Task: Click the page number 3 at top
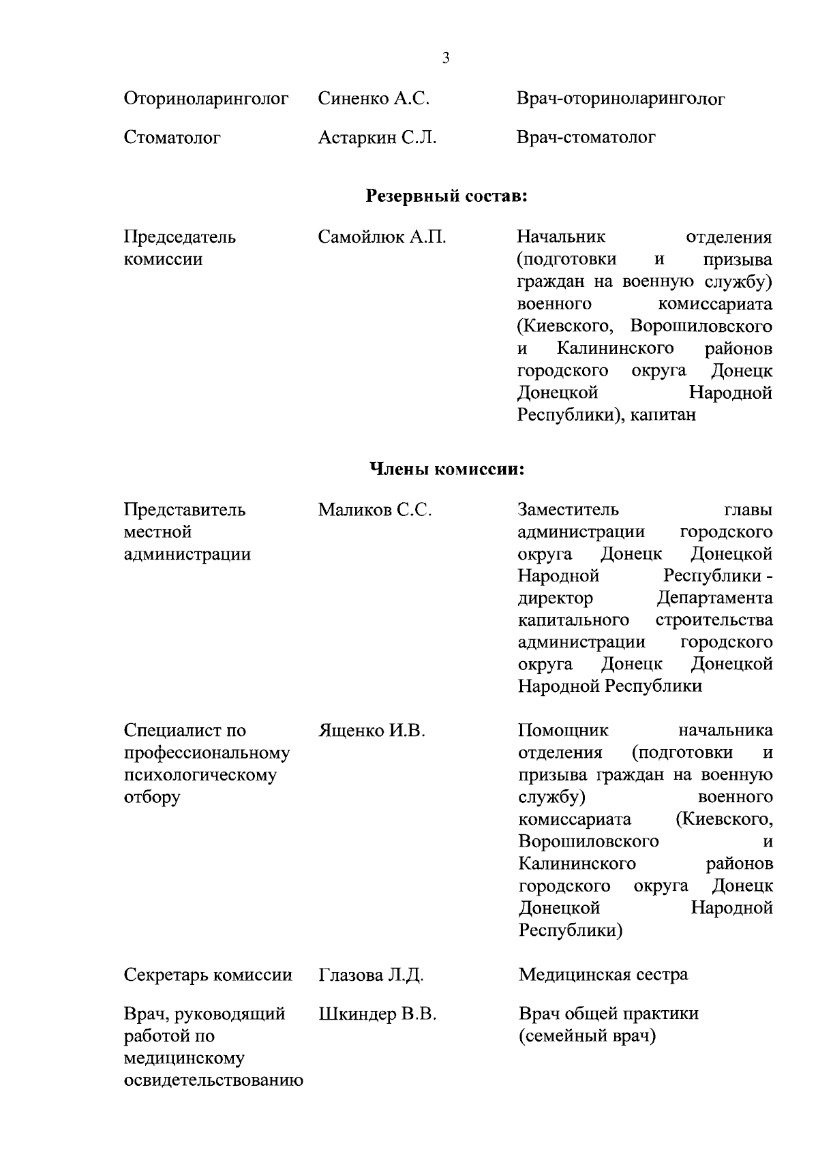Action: (446, 59)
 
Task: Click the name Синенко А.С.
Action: (374, 99)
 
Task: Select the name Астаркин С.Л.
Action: (377, 138)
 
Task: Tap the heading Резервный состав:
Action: (447, 196)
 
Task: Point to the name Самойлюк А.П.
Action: (382, 237)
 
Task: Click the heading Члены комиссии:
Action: (447, 469)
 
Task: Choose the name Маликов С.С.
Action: (375, 510)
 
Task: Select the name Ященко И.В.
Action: (372, 731)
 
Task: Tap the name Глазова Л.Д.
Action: (371, 975)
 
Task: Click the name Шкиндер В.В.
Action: (377, 1014)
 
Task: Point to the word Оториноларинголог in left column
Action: (207, 100)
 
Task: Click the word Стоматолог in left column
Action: (172, 138)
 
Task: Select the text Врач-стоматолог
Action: (586, 138)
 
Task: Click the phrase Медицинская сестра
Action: (603, 975)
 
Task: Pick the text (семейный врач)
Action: (586, 1036)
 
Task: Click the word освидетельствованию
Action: (213, 1081)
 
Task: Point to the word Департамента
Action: (714, 598)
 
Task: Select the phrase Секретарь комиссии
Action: (208, 975)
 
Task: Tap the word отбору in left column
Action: (152, 797)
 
